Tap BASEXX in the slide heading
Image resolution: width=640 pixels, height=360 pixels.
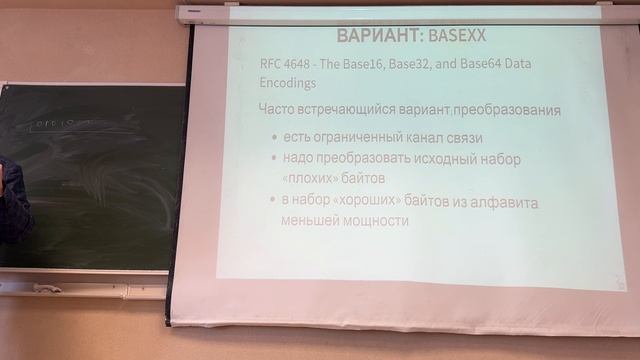(457, 37)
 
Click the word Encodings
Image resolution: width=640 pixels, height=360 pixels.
(287, 85)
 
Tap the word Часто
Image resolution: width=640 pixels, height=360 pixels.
(280, 109)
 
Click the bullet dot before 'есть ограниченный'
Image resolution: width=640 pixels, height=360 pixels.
(275, 136)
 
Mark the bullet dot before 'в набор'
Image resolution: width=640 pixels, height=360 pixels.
(275, 202)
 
